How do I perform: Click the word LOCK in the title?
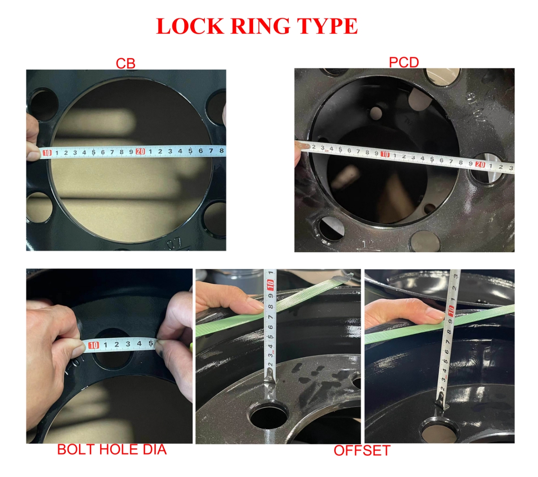click(190, 26)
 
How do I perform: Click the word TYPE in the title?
click(327, 26)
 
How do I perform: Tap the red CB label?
click(126, 63)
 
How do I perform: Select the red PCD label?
click(403, 63)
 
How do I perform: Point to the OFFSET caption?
click(361, 451)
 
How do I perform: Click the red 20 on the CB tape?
click(140, 151)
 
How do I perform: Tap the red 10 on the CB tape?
click(47, 153)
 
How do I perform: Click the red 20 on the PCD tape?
click(480, 164)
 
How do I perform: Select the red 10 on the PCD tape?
click(385, 154)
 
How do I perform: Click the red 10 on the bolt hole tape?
click(93, 345)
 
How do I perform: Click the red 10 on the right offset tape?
click(451, 311)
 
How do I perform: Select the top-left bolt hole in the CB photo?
click(44, 105)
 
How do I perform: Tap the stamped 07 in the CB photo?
click(174, 243)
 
